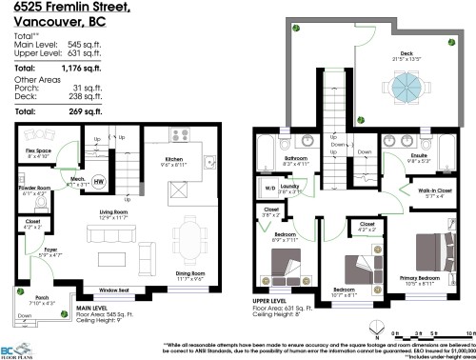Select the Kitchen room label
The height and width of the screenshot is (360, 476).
(173, 160)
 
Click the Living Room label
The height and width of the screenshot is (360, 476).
(114, 211)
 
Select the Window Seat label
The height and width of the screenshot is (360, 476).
(112, 289)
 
